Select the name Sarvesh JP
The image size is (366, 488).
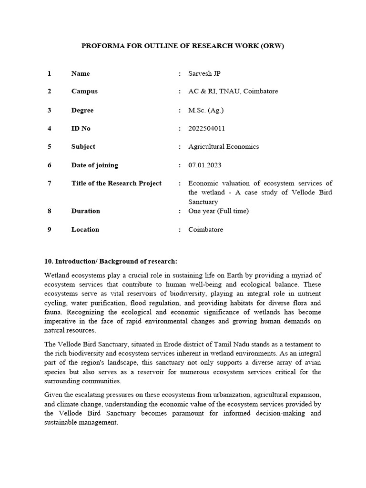pos(204,73)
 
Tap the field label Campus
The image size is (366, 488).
pos(84,91)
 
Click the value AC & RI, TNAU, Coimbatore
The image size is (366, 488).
pos(233,91)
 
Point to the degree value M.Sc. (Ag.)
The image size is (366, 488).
pos(206,110)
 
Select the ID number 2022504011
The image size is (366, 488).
pos(207,129)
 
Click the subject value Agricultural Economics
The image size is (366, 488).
pos(224,147)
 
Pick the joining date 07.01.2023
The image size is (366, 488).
pos(205,165)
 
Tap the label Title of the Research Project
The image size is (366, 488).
pos(116,183)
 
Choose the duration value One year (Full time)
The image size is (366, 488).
pos(218,211)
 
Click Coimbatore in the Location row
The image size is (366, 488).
pos(205,230)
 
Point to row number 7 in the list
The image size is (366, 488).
pos(49,183)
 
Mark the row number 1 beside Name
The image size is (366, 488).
pos(49,73)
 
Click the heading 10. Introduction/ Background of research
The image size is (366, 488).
pos(111,262)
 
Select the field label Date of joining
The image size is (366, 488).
pos(94,165)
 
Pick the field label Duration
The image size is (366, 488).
pos(86,211)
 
